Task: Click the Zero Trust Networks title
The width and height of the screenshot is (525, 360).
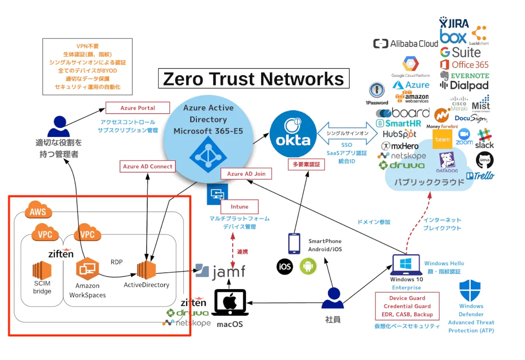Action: [x=254, y=79]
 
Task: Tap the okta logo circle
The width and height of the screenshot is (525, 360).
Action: [x=293, y=134]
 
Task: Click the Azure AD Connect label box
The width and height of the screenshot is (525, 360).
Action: [x=148, y=167]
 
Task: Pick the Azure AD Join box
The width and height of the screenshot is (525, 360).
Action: [x=246, y=174]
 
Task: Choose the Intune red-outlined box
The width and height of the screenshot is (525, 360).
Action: [x=239, y=206]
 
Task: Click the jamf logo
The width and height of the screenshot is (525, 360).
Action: [x=220, y=271]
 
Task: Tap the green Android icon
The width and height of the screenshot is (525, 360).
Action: [x=308, y=266]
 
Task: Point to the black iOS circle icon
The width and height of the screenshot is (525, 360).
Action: [x=285, y=266]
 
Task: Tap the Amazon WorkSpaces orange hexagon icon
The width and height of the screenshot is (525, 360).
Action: [x=87, y=269]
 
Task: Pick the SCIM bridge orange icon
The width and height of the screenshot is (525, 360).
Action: [x=42, y=269]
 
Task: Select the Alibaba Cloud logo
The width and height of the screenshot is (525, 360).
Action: [x=406, y=44]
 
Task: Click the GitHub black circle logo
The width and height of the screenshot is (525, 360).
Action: [x=484, y=161]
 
